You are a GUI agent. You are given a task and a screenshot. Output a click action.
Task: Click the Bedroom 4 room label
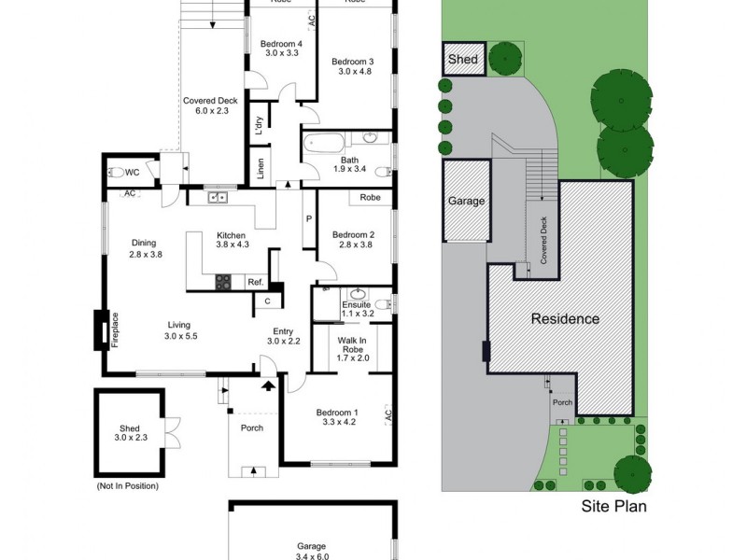coord(281,44)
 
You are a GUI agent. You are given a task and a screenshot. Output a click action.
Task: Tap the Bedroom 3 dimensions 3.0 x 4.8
coord(354,71)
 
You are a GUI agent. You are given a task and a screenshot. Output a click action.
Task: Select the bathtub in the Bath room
coord(323,144)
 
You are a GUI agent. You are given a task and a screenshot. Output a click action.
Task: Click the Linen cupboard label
coord(261,170)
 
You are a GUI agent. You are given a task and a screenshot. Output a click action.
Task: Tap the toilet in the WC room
coord(115,172)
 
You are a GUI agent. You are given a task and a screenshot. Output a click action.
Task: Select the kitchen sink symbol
coord(218,197)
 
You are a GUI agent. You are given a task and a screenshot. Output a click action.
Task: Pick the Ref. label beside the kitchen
coord(254,282)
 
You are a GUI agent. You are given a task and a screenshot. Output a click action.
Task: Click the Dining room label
coord(144,243)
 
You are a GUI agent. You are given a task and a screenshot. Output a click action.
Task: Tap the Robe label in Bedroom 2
coord(370,198)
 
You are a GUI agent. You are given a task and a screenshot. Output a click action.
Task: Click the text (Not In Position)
coord(127,485)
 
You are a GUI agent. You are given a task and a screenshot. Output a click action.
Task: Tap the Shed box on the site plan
coord(463,60)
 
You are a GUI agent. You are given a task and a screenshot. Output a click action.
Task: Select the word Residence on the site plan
coord(565,318)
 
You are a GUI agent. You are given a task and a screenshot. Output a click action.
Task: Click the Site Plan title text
coord(613,507)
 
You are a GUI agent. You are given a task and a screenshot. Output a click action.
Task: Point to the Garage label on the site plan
coord(466,201)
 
